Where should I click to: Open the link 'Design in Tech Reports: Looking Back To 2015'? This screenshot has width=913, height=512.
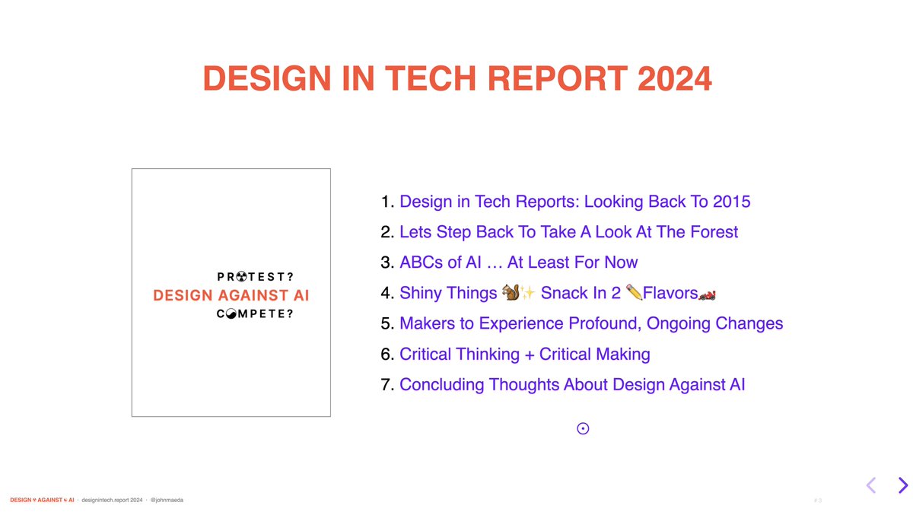click(x=574, y=202)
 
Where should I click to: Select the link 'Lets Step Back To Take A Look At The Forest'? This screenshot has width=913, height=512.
click(x=568, y=232)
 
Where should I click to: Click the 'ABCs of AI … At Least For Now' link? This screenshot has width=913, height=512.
click(x=518, y=262)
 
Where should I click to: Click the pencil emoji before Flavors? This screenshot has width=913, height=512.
click(x=634, y=293)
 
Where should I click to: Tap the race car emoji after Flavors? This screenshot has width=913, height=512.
click(x=708, y=294)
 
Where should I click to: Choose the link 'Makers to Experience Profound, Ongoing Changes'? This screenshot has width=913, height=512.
click(x=590, y=323)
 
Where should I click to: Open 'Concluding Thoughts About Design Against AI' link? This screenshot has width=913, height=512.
click(x=571, y=385)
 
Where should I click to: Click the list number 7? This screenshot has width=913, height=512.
click(x=386, y=385)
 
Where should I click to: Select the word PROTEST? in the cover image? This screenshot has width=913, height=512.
click(x=255, y=277)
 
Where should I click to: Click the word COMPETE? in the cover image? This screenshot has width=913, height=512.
click(x=255, y=313)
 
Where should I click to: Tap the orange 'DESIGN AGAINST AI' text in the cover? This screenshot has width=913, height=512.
click(x=231, y=295)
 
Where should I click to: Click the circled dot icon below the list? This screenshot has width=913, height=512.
click(x=583, y=429)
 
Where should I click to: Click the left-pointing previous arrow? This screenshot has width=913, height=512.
click(x=871, y=485)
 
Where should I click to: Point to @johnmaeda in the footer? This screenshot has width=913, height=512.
click(x=167, y=500)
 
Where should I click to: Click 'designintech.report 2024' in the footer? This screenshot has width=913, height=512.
click(x=112, y=500)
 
